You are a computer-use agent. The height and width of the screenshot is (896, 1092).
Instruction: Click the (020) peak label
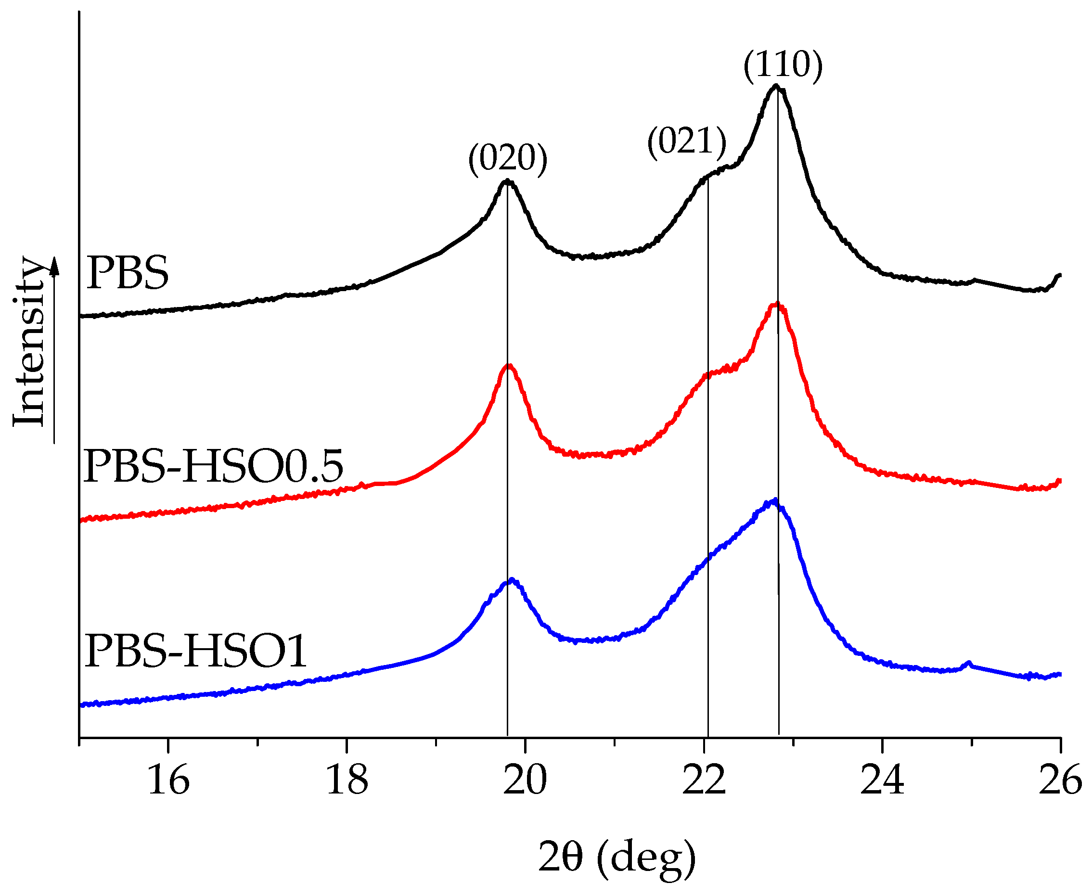point(507,158)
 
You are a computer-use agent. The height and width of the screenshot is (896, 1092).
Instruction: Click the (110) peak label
point(783,65)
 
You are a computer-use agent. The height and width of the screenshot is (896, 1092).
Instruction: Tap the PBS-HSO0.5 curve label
point(213,466)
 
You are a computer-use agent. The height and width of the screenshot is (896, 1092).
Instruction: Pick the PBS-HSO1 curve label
point(195,652)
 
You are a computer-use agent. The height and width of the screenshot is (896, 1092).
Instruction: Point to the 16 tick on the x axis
point(168,781)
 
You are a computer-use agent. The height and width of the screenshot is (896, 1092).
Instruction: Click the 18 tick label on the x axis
point(347,781)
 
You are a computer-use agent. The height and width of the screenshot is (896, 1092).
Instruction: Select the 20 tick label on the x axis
point(525,781)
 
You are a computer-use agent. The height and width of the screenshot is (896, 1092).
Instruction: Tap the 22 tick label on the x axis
point(704,781)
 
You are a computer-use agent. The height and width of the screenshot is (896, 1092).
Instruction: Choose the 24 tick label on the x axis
point(882,781)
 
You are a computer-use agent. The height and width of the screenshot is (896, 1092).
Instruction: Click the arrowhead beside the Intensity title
point(54,266)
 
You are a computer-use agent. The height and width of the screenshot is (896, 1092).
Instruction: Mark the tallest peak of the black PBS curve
point(776,86)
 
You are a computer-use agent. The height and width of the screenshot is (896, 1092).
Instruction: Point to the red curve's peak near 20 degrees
point(509,366)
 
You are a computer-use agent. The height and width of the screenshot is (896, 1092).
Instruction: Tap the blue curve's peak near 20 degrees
point(512,580)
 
